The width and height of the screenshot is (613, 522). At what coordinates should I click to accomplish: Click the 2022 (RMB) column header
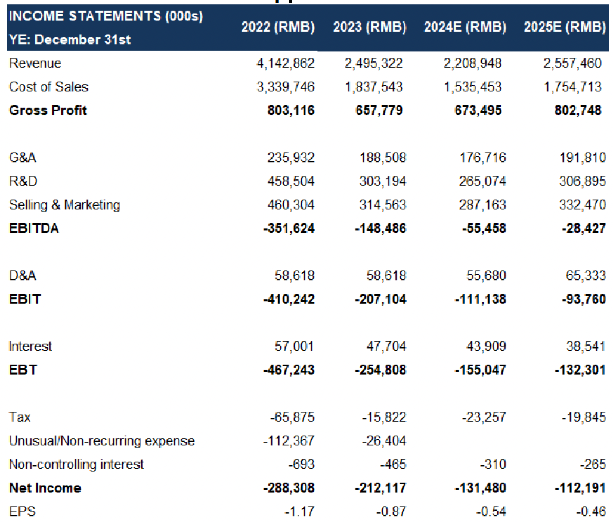pos(278,27)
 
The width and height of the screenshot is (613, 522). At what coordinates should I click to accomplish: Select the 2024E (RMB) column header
pos(465,27)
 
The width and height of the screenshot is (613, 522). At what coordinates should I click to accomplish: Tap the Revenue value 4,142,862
pos(286,63)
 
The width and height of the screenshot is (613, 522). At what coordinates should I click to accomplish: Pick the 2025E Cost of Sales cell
pos(572,87)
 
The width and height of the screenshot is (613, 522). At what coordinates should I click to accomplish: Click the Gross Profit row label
pos(48,110)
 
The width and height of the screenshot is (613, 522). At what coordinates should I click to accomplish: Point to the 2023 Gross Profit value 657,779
pos(379,111)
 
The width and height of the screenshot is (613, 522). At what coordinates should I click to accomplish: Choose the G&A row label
pos(22,157)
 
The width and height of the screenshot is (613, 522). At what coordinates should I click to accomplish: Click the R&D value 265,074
pos(482,181)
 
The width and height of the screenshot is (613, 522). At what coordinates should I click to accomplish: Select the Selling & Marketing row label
pos(64,205)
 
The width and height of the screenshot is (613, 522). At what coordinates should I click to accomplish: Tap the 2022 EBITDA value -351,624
pos(289,229)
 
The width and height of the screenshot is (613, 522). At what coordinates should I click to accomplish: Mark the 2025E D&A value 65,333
pos(586,275)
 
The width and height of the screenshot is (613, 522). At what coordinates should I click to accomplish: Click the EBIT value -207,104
pos(380,299)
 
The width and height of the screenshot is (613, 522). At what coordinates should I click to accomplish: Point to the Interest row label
pos(30,346)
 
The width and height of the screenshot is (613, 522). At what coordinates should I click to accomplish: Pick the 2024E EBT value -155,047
pos(481,370)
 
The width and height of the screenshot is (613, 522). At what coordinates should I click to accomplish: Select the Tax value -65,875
pos(292,417)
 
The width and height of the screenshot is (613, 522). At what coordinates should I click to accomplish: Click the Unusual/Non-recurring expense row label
pos(101,441)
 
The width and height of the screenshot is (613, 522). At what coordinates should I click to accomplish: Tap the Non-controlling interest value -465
pos(394,464)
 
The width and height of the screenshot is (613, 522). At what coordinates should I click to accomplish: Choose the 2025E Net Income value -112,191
pos(580,488)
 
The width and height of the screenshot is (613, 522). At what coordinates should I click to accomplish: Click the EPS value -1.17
pos(299,511)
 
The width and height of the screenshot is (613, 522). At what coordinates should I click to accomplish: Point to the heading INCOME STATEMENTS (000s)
pos(106,16)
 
